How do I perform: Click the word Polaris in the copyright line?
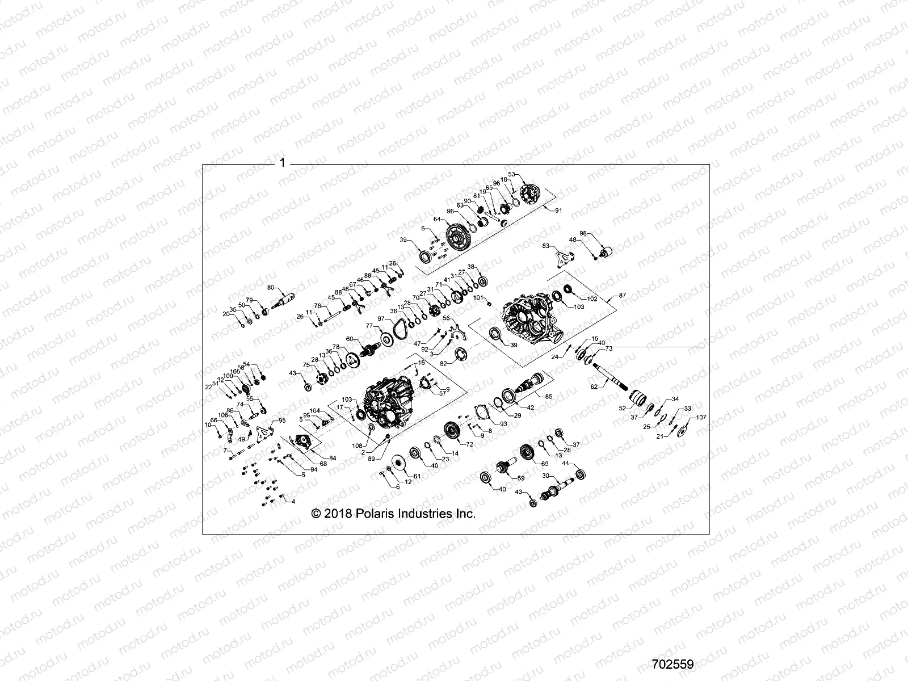[x=373, y=514]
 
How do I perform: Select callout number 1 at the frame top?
[x=282, y=163]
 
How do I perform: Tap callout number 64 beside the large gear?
[x=437, y=218]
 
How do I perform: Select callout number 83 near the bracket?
[x=546, y=246]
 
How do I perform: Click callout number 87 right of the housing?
[x=623, y=296]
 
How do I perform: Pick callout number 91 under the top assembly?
[x=558, y=211]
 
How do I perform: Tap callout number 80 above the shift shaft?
[x=270, y=287]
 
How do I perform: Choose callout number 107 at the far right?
[x=701, y=418]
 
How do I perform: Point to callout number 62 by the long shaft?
[x=594, y=386]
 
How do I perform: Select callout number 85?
[x=548, y=396]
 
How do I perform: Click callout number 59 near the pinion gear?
[x=520, y=478]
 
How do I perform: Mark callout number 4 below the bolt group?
[x=293, y=502]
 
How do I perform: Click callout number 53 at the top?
[x=511, y=174]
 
